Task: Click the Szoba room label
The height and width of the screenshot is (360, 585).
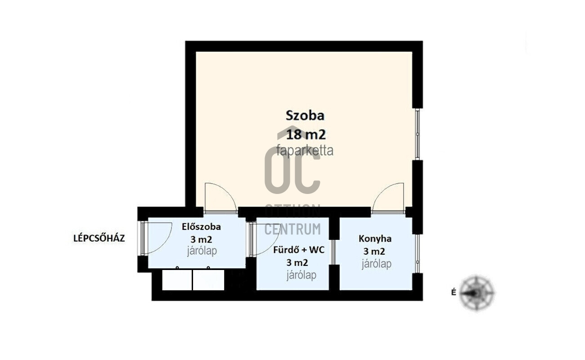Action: (x=305, y=116)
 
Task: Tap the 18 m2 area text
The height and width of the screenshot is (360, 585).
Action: (x=306, y=135)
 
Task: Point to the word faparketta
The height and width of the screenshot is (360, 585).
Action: (x=305, y=151)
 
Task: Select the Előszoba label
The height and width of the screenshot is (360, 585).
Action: (x=201, y=227)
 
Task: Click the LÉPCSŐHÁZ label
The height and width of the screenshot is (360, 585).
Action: (x=99, y=238)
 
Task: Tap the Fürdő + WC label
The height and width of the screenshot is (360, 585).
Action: (x=299, y=250)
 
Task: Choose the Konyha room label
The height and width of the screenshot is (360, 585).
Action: (x=375, y=239)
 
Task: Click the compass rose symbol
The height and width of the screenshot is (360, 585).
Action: (x=477, y=293)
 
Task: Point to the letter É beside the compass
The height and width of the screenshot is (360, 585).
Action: (x=454, y=292)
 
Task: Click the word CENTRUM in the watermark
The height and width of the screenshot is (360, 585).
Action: (x=292, y=229)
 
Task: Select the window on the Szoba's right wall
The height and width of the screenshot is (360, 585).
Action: (x=417, y=134)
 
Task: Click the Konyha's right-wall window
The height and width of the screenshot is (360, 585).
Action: (x=417, y=254)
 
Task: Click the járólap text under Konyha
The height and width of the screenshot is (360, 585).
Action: (x=377, y=264)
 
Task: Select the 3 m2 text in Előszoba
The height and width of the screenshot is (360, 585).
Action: (x=201, y=239)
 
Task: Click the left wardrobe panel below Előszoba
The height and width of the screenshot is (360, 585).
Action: (x=177, y=280)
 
